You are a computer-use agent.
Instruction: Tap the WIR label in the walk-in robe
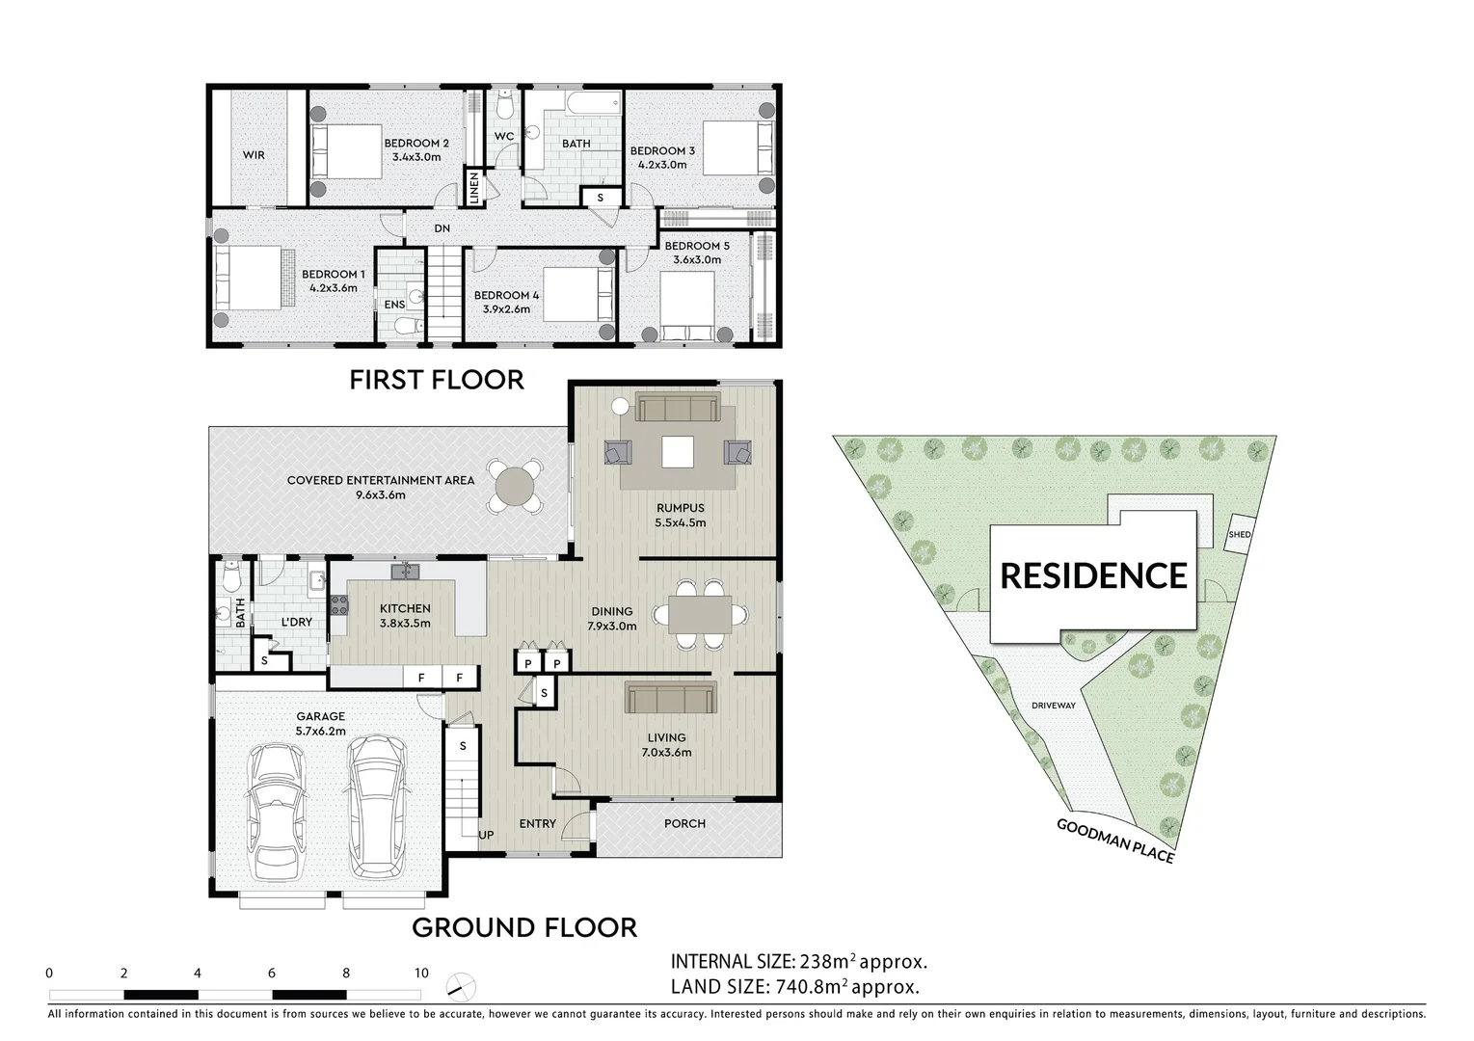point(254,155)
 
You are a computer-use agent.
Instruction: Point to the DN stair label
point(442,229)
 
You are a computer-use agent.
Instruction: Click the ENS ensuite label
point(394,305)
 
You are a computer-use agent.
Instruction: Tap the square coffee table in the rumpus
point(678,451)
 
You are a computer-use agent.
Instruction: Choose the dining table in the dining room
point(699,614)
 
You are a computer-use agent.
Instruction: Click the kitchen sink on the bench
point(406,572)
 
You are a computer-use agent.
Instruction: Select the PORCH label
point(684,824)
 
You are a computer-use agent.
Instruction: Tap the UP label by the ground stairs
point(487,835)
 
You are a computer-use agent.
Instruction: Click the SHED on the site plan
point(1239,535)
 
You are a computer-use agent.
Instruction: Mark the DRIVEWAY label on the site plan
point(1053,706)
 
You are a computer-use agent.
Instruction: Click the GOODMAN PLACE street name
point(1114,841)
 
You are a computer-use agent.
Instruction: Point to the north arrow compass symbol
point(460,985)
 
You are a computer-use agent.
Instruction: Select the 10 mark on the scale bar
point(420,974)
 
